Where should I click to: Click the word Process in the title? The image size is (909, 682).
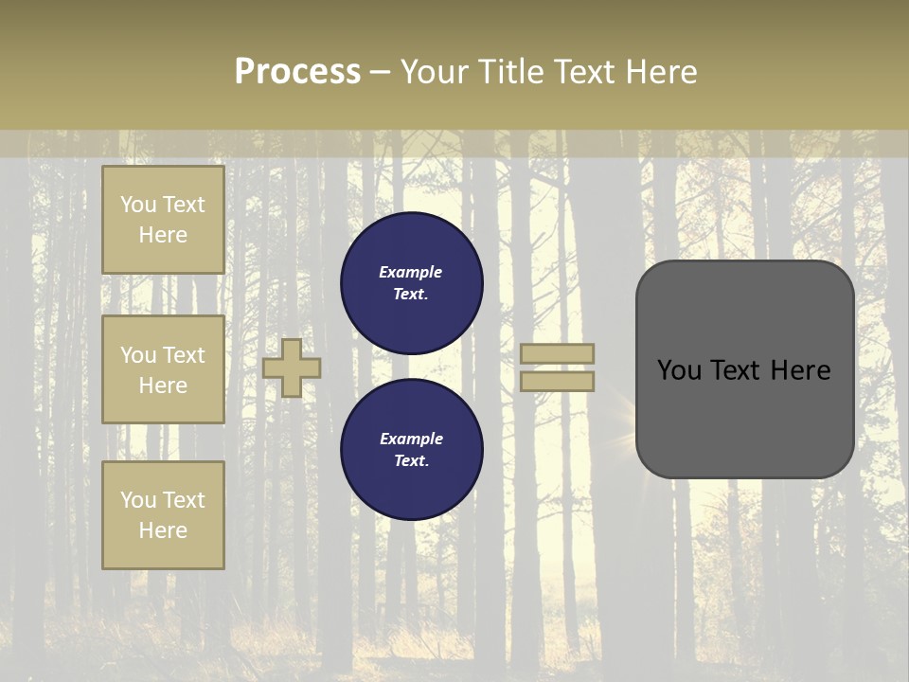(x=297, y=72)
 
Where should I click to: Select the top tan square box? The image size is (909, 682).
(x=163, y=220)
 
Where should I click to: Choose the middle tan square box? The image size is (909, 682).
(x=163, y=369)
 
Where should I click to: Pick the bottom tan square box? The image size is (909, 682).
(x=163, y=514)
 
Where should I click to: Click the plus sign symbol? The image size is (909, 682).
(x=292, y=368)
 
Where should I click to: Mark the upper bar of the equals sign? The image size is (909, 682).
(x=558, y=353)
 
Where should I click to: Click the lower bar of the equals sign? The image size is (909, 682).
(x=558, y=381)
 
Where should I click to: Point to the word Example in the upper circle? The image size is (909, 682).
(x=410, y=272)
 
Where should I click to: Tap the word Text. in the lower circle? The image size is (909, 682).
(x=410, y=460)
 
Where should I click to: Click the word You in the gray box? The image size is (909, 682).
(x=678, y=370)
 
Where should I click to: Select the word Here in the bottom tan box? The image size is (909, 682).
(x=163, y=530)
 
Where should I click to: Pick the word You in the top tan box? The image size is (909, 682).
(x=138, y=205)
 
